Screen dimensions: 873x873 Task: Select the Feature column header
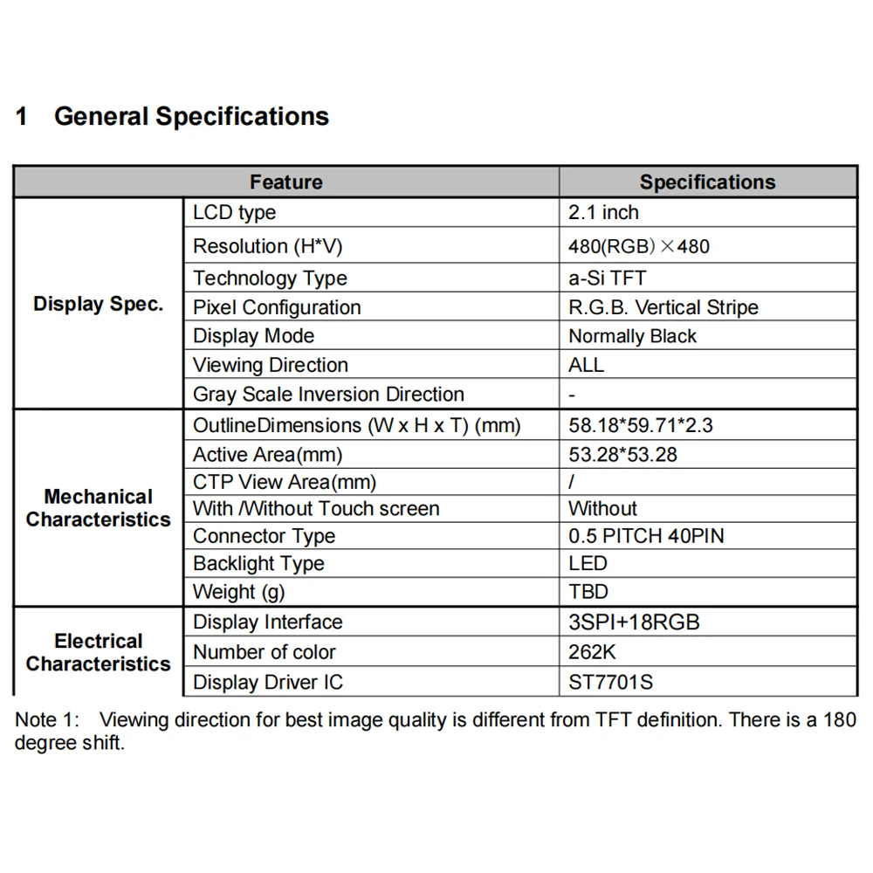[x=285, y=182]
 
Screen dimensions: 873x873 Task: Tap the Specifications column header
[x=707, y=182]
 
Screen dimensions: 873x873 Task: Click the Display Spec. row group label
[x=98, y=305]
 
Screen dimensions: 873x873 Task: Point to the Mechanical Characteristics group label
[x=98, y=508]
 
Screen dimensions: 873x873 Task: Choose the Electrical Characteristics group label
[x=98, y=653]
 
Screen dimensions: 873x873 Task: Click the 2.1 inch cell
[x=603, y=213]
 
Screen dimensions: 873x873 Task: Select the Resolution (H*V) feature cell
[x=268, y=247]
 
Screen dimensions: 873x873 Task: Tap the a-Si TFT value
[x=608, y=278]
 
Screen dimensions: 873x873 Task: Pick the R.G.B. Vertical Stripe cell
[x=663, y=307]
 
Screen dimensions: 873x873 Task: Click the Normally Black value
[x=632, y=336]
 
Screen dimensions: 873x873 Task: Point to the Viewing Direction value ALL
[x=586, y=365]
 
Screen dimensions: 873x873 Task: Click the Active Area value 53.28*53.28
[x=622, y=455]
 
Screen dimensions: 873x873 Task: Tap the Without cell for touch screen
[x=602, y=509]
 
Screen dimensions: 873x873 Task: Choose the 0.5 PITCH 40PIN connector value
[x=646, y=536]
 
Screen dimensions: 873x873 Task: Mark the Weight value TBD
[x=588, y=592]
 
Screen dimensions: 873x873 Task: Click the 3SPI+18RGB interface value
[x=634, y=622]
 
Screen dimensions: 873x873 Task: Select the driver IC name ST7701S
[x=610, y=682]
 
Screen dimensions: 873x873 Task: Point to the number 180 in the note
[x=839, y=720]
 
